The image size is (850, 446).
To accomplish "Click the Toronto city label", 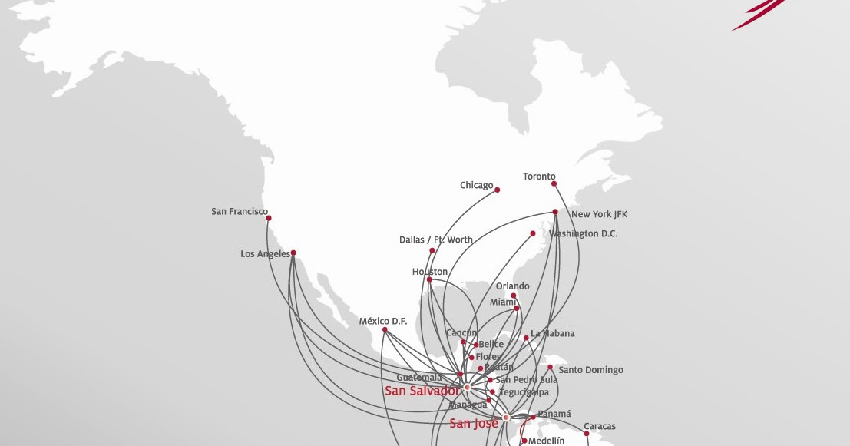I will coord(539,177).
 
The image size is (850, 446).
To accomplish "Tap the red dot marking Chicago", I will coord(498,190).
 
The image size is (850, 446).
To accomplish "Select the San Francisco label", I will coord(240,211).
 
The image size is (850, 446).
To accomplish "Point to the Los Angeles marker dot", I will coord(293,253).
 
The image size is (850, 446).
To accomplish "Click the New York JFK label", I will coord(600,214).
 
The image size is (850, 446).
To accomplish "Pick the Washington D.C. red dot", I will coord(533,233).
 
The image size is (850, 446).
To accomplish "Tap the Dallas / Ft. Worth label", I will coord(436,240).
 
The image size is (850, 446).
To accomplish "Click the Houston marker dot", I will coord(429,279).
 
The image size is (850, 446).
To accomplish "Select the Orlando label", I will coord(512,287).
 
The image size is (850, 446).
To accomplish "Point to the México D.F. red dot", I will coord(385,330).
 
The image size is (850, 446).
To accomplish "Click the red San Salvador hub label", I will coord(422,391).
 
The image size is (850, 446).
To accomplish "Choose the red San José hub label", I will coord(474,423).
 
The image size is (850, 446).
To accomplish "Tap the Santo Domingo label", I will coord(590,370).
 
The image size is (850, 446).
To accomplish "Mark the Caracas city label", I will coord(599,426).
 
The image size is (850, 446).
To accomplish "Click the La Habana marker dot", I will coord(526,338).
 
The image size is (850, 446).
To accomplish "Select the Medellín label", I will coord(546,441).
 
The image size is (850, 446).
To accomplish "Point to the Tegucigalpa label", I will coord(524,392).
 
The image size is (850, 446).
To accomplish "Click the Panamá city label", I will coord(554,414).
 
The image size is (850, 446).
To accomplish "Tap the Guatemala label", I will coord(419,378).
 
